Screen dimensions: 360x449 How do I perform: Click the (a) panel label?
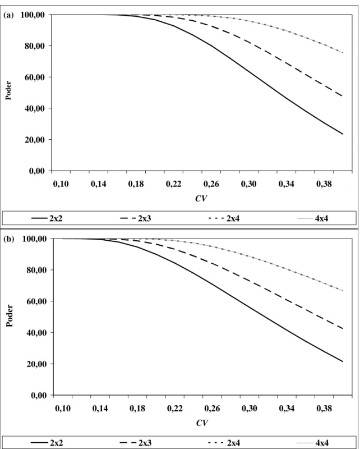coord(8,16)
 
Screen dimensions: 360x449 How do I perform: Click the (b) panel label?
coord(8,239)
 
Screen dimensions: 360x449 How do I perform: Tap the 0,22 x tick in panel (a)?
coord(173,184)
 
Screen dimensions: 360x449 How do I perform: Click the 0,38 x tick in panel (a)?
coord(324,184)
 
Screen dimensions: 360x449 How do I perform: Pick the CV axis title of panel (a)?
coord(201,198)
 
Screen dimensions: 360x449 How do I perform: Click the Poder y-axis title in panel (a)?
coord(8,91)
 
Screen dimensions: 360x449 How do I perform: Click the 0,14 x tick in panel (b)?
coord(100,409)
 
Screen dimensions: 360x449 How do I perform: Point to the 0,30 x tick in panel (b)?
coord(250,409)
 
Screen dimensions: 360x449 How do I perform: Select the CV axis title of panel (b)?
coord(202,423)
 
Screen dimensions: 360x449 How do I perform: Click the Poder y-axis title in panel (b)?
coord(10,315)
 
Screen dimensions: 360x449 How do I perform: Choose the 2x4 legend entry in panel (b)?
coord(224,443)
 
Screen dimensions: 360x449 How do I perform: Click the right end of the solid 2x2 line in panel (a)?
coord(343,134)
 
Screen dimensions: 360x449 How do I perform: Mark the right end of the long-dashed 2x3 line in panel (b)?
coord(343,328)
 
